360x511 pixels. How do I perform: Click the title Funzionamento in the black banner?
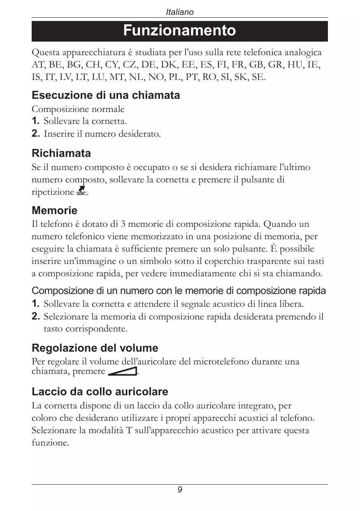tap(179, 31)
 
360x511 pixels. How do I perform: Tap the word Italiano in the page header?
tap(179, 12)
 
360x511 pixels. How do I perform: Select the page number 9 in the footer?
tap(180, 490)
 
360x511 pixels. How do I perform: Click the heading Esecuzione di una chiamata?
tap(106, 96)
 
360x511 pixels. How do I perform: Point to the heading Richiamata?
tap(61, 154)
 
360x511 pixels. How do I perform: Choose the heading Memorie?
tap(54, 211)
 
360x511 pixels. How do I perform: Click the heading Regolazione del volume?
tap(95, 348)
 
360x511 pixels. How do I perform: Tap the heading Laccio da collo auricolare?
tap(100, 391)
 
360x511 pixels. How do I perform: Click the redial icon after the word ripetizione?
tap(81, 191)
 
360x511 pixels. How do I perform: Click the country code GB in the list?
tap(256, 65)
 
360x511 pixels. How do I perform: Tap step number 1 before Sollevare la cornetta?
tap(35, 121)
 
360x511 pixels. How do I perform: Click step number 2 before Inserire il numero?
tap(35, 134)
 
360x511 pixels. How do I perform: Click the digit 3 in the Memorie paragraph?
tap(123, 225)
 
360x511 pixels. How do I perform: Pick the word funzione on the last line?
tap(50, 443)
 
